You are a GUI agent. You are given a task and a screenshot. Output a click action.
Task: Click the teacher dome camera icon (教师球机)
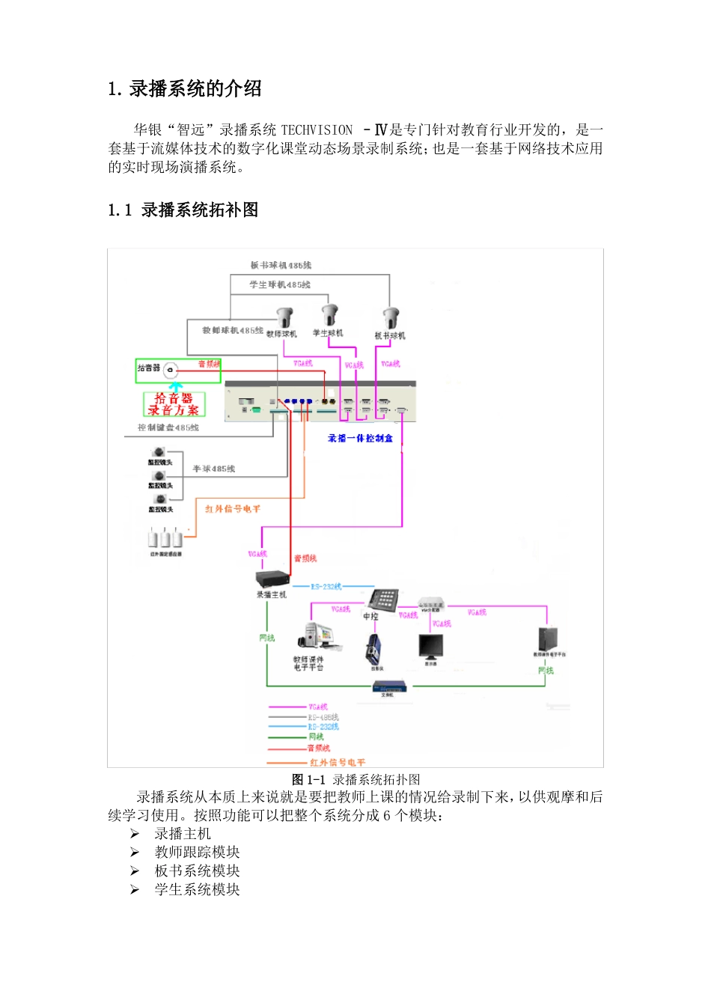coord(284,317)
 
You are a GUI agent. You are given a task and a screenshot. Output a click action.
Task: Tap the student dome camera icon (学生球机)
coord(330,314)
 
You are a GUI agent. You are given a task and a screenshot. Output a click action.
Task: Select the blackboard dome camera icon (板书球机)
coord(391,318)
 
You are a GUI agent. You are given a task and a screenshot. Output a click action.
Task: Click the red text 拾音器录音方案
coord(174,404)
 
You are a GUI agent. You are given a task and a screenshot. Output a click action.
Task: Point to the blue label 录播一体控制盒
coord(360,438)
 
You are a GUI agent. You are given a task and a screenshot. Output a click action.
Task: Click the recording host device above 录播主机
coord(272,579)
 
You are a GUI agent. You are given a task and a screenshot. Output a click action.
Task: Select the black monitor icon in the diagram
coord(430,646)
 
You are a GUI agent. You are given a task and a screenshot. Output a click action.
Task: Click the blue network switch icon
coord(391,686)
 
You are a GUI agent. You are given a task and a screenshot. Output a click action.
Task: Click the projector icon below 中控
coord(375,648)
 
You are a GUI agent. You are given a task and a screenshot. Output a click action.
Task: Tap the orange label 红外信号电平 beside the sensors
coord(233,509)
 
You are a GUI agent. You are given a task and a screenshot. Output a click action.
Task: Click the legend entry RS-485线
coord(323,717)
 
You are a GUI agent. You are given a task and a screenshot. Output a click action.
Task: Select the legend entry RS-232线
coord(323,727)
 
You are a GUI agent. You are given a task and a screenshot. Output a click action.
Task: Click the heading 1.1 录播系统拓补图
coord(183,210)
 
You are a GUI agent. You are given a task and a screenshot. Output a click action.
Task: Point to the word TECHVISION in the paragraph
coord(317,130)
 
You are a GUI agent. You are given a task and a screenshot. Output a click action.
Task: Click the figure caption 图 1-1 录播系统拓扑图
coord(355,779)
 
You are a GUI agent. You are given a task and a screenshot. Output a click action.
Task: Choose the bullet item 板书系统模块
coord(197,871)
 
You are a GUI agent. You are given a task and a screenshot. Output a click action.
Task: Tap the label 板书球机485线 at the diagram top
coord(281,265)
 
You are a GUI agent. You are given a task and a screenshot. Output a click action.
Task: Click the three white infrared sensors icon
coord(165,537)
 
